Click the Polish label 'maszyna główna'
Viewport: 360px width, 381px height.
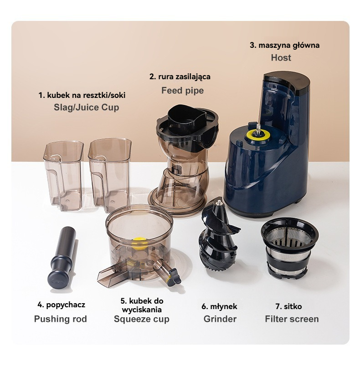coord(289,46)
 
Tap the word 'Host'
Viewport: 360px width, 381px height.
coord(281,58)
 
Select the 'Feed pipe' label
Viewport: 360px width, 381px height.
coord(182,91)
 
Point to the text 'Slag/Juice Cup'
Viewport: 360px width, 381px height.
coord(86,107)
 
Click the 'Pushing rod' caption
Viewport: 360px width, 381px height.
coord(60,319)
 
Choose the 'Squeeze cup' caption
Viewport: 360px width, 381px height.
coord(142,319)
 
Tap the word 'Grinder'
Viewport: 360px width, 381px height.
coord(220,319)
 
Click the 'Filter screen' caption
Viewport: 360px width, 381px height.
coord(292,319)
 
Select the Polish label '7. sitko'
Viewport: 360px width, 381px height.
coord(288,306)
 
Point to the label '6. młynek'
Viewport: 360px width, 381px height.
coord(219,306)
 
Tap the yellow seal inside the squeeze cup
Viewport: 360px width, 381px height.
coord(140,243)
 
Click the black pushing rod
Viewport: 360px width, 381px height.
coord(62,258)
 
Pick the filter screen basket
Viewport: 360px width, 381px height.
coord(289,248)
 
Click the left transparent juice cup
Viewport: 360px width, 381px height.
coord(63,175)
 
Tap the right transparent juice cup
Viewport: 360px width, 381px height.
coord(109,175)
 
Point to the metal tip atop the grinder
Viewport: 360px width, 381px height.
coord(219,203)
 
